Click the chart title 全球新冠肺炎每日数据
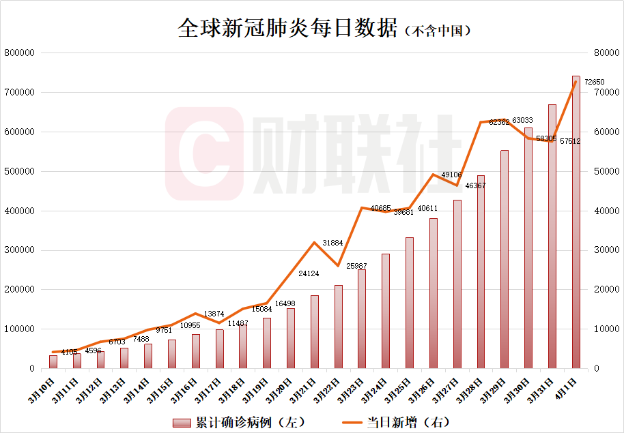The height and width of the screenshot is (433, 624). (287, 28)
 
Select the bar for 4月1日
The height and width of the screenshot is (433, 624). (576, 225)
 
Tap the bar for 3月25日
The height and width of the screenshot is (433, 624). (410, 303)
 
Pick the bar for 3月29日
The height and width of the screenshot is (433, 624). (505, 259)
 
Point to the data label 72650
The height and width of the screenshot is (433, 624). (595, 82)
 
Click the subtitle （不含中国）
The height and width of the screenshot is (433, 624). (438, 31)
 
